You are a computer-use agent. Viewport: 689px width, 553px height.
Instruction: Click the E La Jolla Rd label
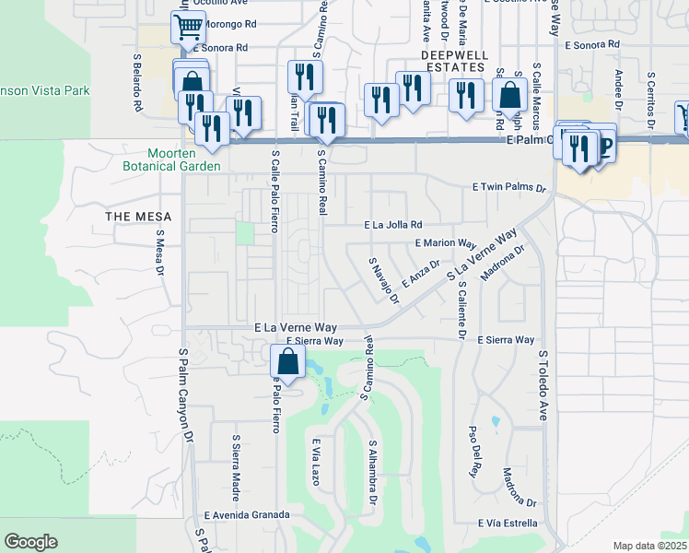point(392,224)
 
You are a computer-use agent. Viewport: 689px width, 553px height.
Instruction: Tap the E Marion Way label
point(445,244)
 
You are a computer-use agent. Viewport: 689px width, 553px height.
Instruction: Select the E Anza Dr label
point(421,273)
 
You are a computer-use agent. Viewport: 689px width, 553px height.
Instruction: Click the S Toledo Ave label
point(543,387)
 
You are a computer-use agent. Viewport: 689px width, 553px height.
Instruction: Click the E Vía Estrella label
point(508,523)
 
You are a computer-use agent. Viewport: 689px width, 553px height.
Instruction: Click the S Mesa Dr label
point(159,253)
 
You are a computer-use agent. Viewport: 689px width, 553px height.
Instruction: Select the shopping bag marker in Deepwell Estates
point(509,94)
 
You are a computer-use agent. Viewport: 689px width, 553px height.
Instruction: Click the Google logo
point(30,542)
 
